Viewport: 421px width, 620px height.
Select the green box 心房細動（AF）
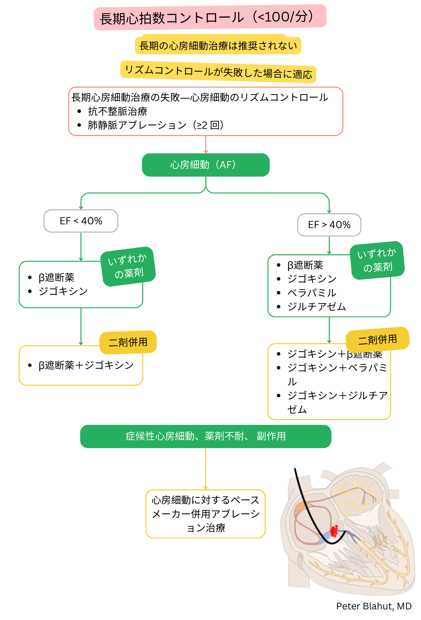pyautogui.click(x=205, y=165)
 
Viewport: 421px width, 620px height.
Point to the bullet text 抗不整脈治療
pyautogui.click(x=117, y=111)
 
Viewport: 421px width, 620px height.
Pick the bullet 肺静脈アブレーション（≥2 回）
pyautogui.click(x=156, y=125)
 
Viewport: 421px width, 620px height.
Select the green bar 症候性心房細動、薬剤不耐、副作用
pyautogui.click(x=205, y=436)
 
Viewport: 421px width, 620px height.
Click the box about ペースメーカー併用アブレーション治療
pyautogui.click(x=205, y=513)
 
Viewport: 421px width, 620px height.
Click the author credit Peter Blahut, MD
pyautogui.click(x=374, y=606)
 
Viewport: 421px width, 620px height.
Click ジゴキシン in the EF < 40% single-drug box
pyautogui.click(x=63, y=291)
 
